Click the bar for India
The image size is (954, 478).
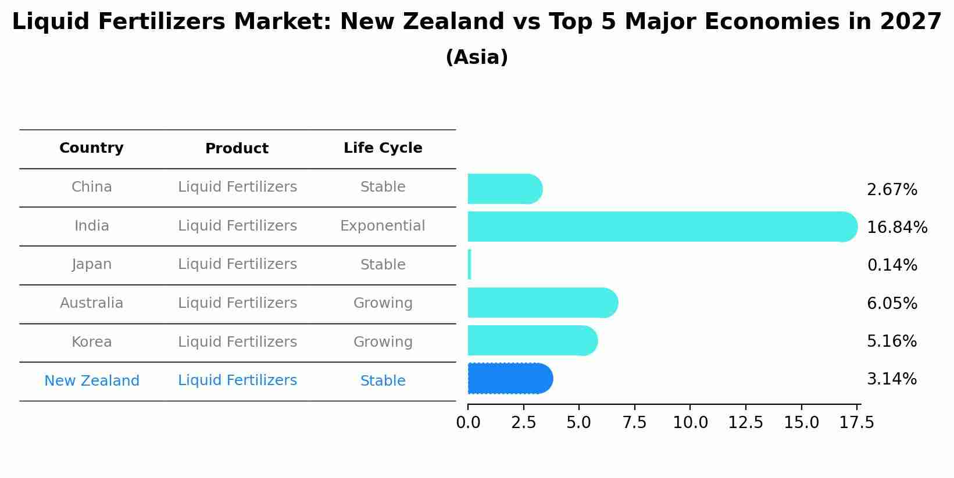coord(662,227)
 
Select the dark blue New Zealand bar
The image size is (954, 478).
coord(509,379)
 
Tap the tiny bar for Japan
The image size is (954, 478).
coord(470,265)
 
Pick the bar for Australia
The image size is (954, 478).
coord(542,303)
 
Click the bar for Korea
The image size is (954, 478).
coord(532,340)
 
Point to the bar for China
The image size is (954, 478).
coord(504,189)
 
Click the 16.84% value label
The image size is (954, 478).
coord(896,228)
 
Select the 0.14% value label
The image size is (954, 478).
coord(892,265)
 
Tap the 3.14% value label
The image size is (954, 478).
coord(891,379)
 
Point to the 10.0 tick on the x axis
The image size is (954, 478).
coord(690,423)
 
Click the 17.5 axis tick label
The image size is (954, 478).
coord(857,423)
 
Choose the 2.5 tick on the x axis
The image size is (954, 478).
coord(523,423)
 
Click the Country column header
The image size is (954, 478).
coord(91,148)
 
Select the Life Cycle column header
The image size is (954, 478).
coord(383,148)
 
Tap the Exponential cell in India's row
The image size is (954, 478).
coord(383,226)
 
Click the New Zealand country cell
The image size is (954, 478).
coord(91,381)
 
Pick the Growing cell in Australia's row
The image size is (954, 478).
coord(383,303)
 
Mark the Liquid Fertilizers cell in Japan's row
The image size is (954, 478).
coord(237,264)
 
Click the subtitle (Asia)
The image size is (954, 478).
coord(477,57)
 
